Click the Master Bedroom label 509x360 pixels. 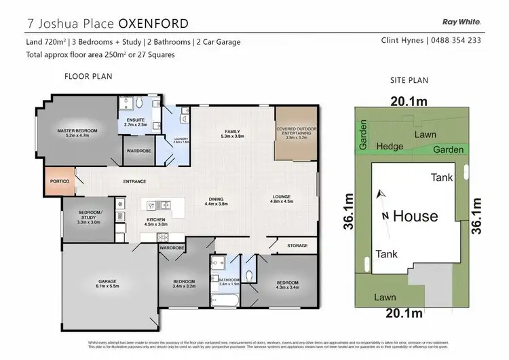[77, 132]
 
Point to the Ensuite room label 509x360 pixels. [136, 123]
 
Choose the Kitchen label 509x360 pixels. [157, 222]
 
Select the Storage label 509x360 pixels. [297, 245]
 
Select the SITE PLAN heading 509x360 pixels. [409, 80]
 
